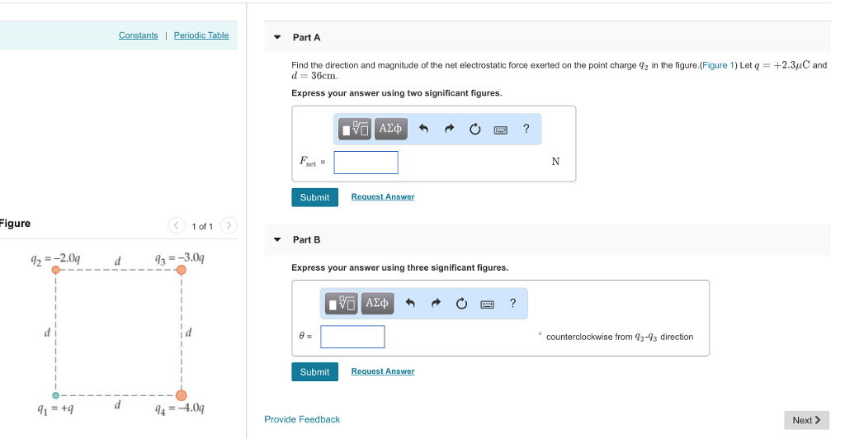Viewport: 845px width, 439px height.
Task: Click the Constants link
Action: [x=138, y=35]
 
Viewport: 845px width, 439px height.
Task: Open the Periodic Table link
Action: [x=201, y=35]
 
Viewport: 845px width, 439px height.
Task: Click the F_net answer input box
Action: [x=366, y=163]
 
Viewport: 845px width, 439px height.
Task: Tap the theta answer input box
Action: [x=352, y=337]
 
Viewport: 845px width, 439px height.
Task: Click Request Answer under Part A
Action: [x=383, y=197]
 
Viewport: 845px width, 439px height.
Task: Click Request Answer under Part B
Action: [x=383, y=371]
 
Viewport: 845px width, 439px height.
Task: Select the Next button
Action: [x=805, y=420]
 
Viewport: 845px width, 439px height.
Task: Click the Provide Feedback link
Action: [x=302, y=419]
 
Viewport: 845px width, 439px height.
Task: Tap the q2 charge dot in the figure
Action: [x=56, y=269]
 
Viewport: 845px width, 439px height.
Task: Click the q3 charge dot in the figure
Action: [x=181, y=269]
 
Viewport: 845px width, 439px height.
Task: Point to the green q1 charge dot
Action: [x=56, y=395]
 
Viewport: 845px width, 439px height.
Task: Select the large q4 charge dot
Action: [x=181, y=395]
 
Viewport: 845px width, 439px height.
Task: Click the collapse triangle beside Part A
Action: [x=277, y=38]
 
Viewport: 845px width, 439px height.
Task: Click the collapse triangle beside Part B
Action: [x=277, y=240]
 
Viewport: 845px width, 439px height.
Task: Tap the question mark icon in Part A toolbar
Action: [x=526, y=129]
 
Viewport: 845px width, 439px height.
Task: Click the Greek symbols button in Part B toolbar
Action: [x=375, y=304]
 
